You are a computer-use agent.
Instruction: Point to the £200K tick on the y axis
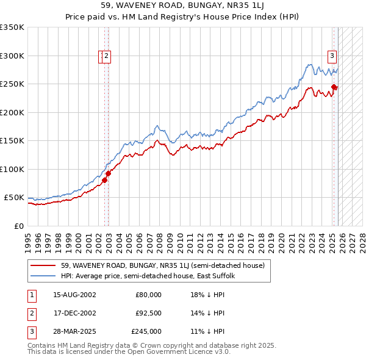[12, 112]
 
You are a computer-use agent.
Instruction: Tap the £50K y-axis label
[14, 198]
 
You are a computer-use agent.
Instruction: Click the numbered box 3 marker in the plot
[332, 57]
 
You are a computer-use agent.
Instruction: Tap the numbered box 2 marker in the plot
[106, 57]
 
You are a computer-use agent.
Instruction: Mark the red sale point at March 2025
[335, 87]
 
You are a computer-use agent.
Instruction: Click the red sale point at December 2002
[109, 173]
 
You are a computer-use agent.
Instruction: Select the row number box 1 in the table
[31, 295]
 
